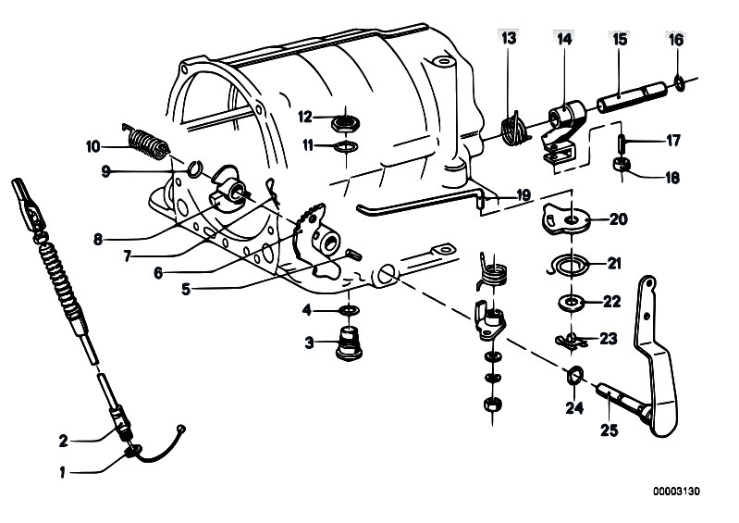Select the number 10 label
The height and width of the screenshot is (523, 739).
[93, 145]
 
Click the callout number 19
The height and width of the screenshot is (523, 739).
[523, 195]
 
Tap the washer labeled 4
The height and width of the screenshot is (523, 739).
[349, 307]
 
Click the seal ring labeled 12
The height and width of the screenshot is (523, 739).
[345, 119]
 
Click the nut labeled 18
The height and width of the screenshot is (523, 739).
[622, 165]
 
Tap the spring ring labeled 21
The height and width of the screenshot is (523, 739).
[568, 266]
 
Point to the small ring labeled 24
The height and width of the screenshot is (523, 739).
[574, 375]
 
